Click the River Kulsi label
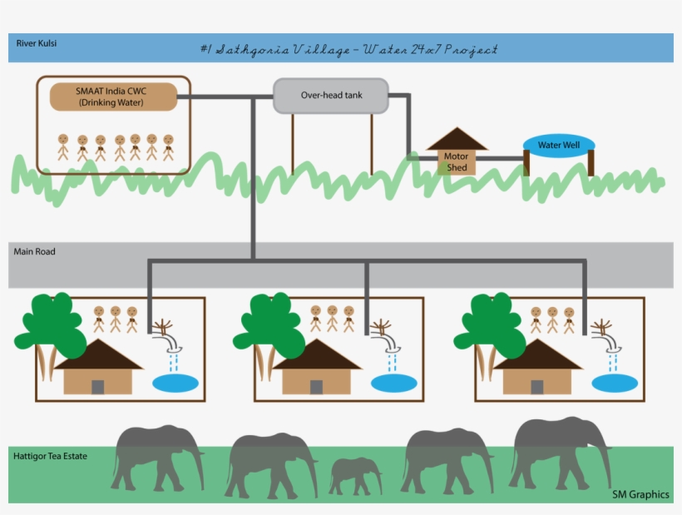36,43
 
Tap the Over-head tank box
331,96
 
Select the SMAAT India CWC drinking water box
113,97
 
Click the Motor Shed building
457,151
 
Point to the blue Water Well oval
559,146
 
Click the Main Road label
34,251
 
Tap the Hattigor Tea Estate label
50,456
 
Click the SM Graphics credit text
640,494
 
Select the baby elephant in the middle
355,475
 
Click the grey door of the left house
98,387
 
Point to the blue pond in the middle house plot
394,384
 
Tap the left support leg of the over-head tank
293,145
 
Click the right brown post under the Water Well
591,163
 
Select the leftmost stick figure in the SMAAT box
63,147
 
